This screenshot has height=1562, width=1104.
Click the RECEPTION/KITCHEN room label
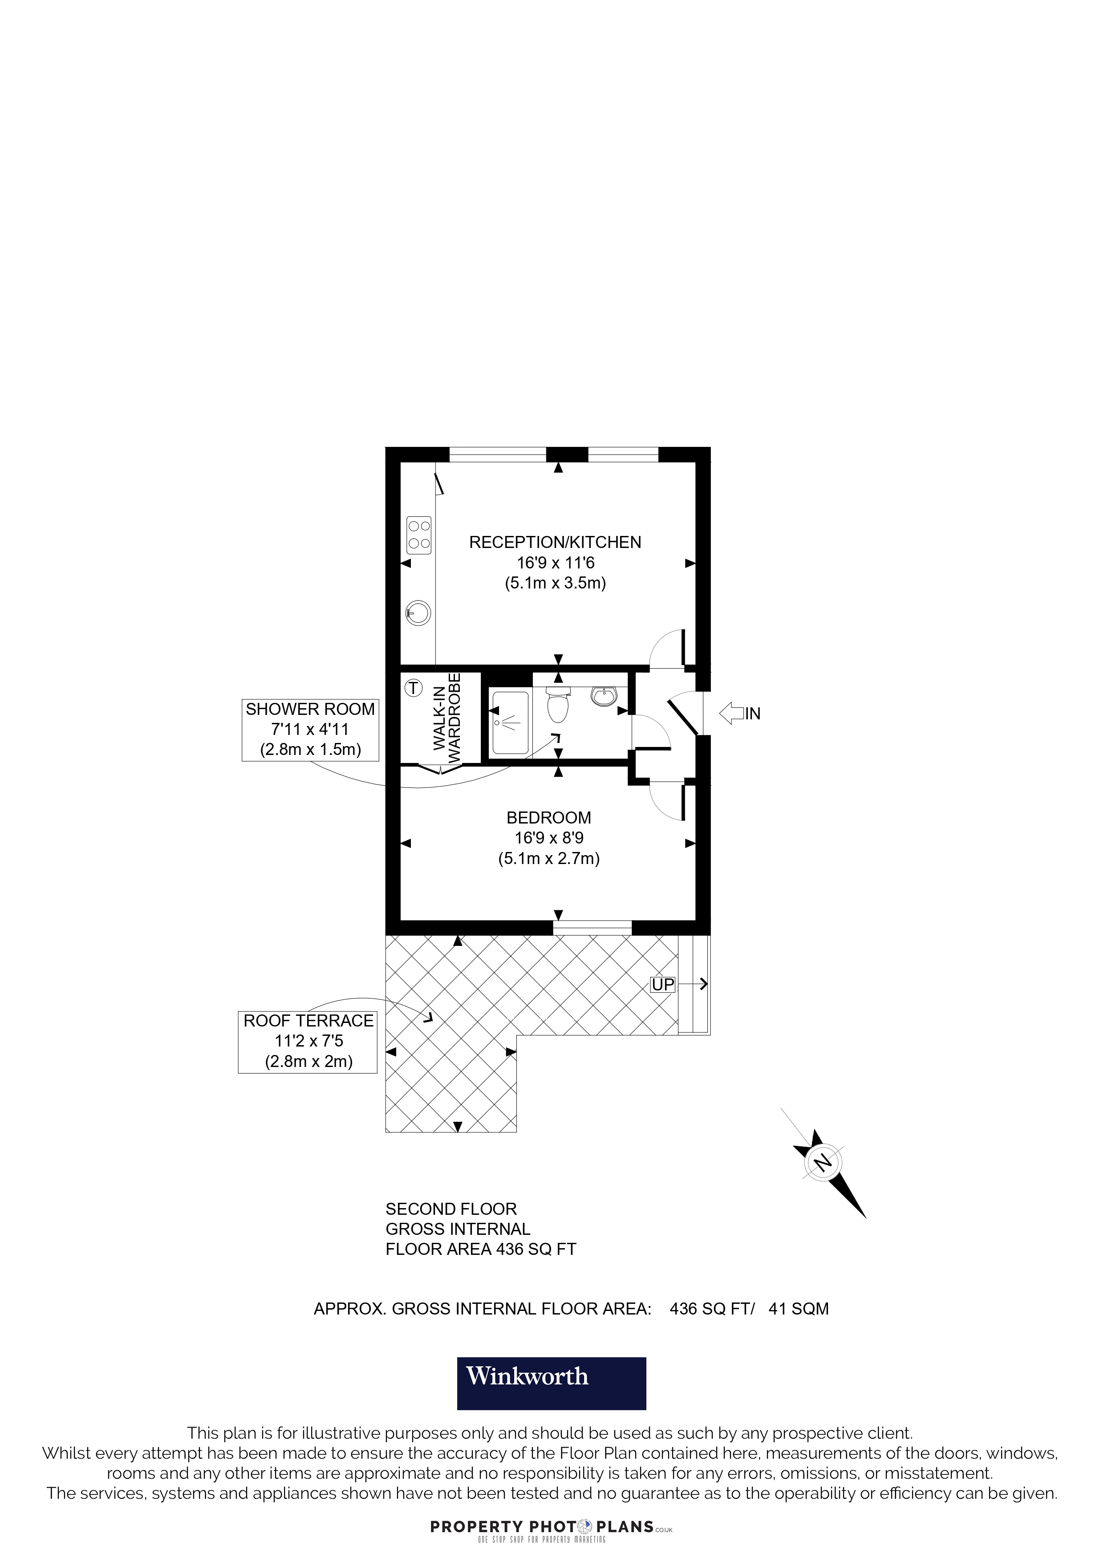point(555,542)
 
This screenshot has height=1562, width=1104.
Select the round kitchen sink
point(418,613)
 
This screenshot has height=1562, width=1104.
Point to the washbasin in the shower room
point(604,695)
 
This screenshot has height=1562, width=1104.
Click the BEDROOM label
point(549,818)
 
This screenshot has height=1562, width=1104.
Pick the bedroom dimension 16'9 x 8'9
point(549,838)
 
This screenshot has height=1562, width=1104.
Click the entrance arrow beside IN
point(731,713)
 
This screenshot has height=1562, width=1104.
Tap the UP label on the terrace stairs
point(662,984)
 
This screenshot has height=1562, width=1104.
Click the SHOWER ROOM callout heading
point(310,709)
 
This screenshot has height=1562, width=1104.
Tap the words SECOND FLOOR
point(451,1209)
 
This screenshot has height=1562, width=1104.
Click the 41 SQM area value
point(799,1309)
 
